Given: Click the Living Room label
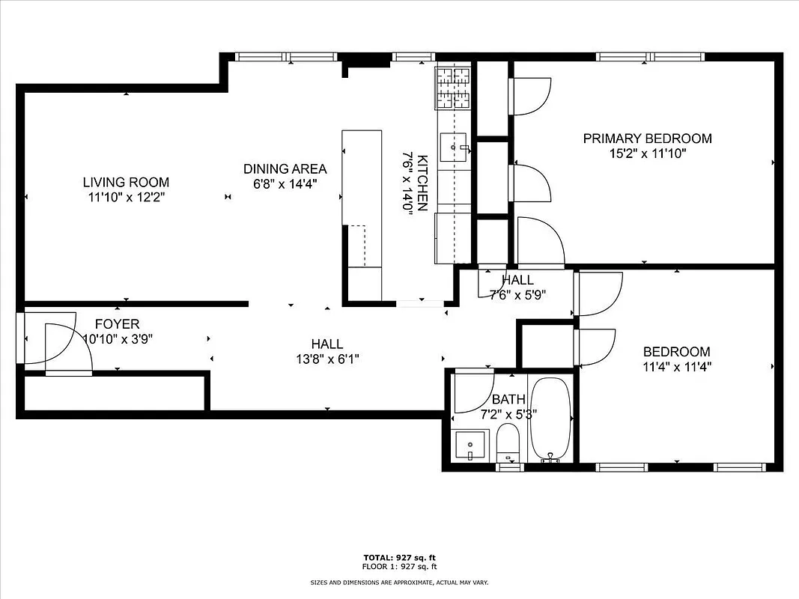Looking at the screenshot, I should point(126,182).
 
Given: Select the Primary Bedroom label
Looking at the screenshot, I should point(647,139).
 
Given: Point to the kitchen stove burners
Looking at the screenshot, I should point(455,88).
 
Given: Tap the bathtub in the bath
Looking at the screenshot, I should point(550,419).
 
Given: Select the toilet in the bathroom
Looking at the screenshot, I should point(508,443).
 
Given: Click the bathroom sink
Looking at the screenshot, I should point(471,446).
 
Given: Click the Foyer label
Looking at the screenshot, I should point(117,324).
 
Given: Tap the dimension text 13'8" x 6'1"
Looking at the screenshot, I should point(327,359).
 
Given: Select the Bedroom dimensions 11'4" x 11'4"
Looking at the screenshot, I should point(677,367).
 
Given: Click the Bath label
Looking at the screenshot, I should point(508,399).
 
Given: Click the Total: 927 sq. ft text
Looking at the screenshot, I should point(399,558).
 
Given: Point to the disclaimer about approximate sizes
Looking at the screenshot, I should point(399,583).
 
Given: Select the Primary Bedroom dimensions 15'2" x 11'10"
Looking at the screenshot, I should point(647,153).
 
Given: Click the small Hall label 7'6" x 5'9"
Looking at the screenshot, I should point(517,288).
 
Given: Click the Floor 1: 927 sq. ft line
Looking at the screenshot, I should point(399,566).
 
